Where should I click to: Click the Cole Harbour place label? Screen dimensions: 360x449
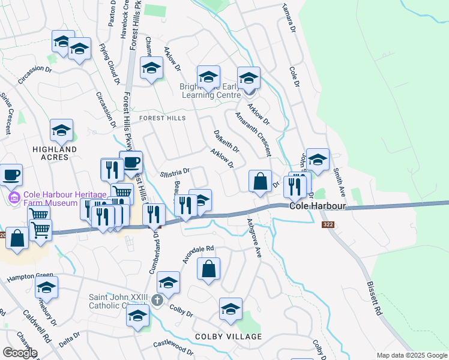(x=317, y=206)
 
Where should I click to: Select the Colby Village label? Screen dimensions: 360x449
(x=228, y=337)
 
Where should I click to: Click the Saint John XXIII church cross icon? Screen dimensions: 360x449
(x=157, y=300)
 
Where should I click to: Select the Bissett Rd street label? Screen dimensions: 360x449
(x=374, y=299)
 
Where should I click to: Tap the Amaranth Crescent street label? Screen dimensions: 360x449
(x=253, y=134)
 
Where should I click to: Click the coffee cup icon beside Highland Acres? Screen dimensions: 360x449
(x=11, y=175)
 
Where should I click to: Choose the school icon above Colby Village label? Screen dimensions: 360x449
(x=230, y=308)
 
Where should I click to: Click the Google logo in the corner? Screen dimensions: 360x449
(x=20, y=353)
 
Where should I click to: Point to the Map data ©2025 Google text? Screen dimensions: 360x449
(x=412, y=355)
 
